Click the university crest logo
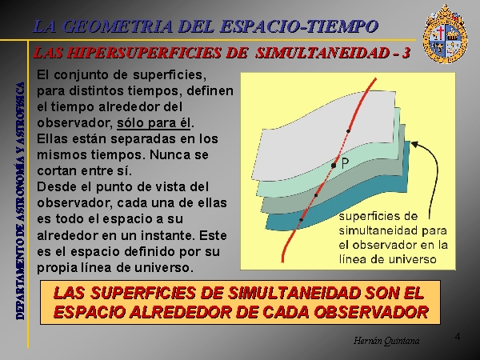pyautogui.click(x=445, y=34)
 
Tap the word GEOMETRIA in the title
pyautogui.click(x=118, y=26)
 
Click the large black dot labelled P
pyautogui.click(x=334, y=166)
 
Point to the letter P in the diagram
pyautogui.click(x=345, y=163)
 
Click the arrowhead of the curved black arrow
pyautogui.click(x=414, y=144)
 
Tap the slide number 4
pyautogui.click(x=458, y=337)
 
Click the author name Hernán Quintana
pyautogui.click(x=386, y=341)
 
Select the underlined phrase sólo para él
pyautogui.click(x=154, y=123)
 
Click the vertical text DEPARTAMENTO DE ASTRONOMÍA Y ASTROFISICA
pyautogui.click(x=20, y=201)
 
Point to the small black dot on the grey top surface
pyautogui.click(x=348, y=131)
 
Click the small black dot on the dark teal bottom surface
pyautogui.click(x=302, y=220)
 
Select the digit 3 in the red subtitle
pyautogui.click(x=406, y=53)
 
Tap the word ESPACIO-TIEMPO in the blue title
pyautogui.click(x=298, y=26)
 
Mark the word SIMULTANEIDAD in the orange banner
pyautogui.click(x=294, y=294)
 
